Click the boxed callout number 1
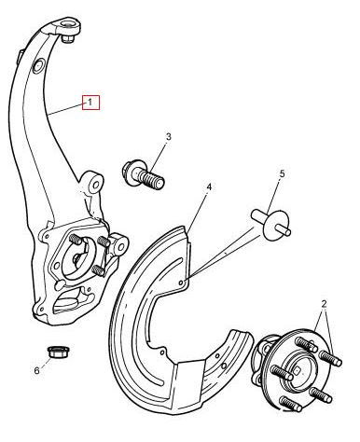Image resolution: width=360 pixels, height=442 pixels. [x=90, y=102]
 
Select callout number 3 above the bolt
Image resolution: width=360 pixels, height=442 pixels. [x=168, y=137]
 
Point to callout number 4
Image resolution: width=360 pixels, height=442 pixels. [x=209, y=187]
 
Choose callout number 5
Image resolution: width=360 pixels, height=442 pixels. [x=282, y=173]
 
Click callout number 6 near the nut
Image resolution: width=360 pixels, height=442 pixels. [x=37, y=370]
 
